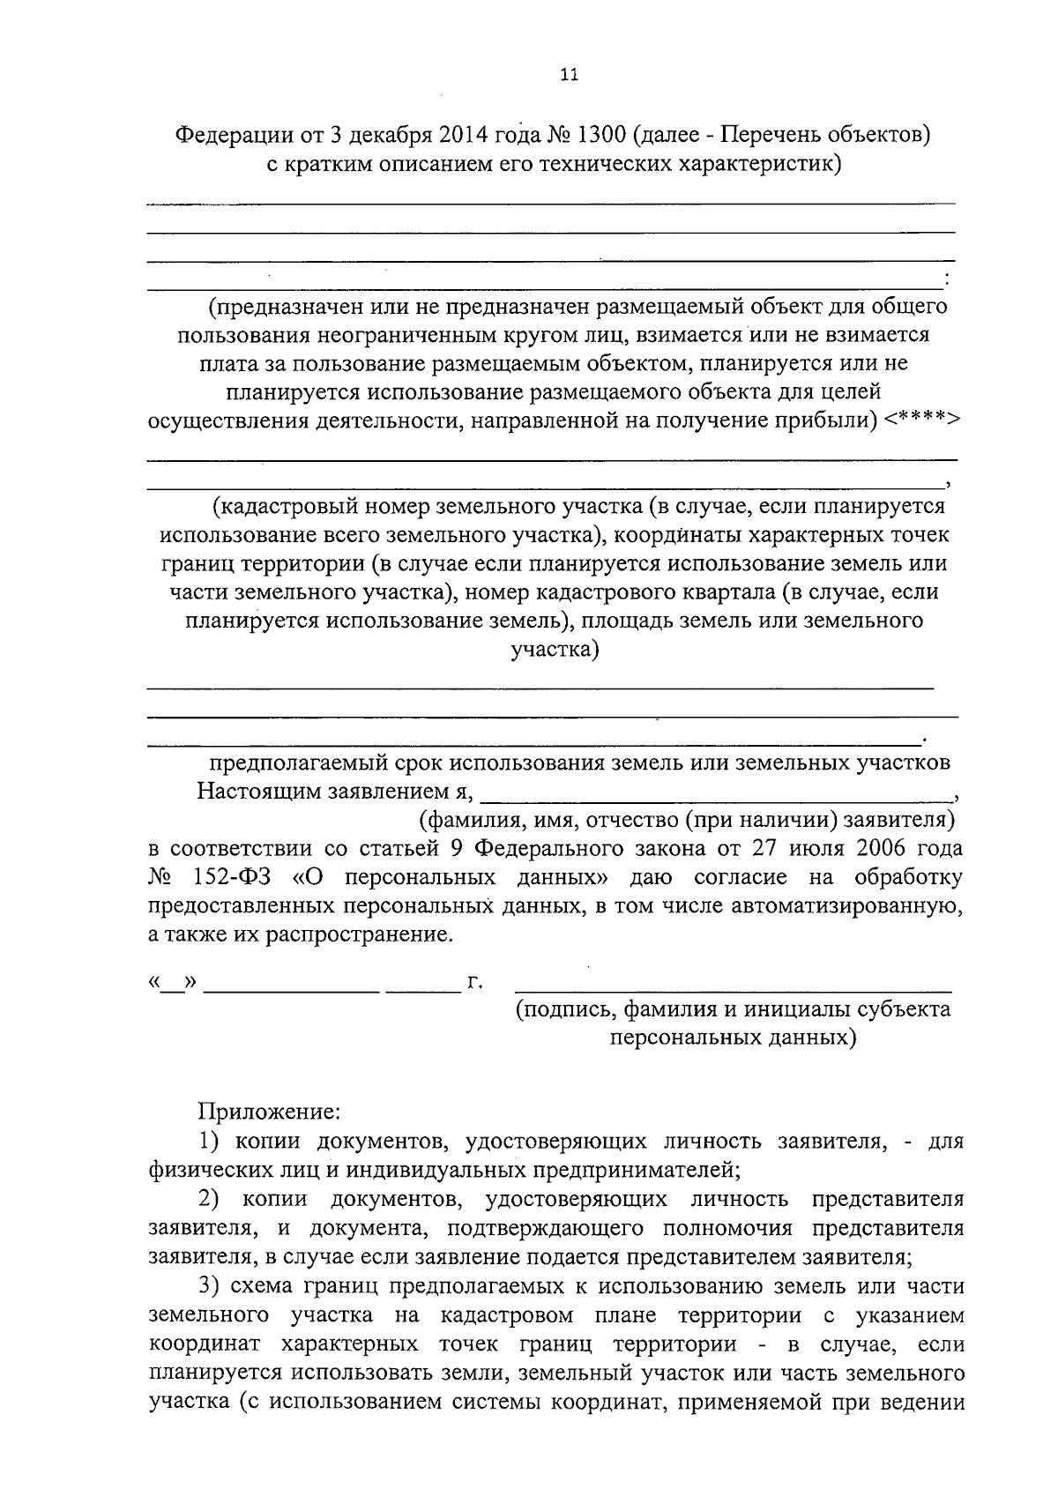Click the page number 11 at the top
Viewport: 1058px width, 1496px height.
569,75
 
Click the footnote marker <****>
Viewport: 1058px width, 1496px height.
921,420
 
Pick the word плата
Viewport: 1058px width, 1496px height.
226,363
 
